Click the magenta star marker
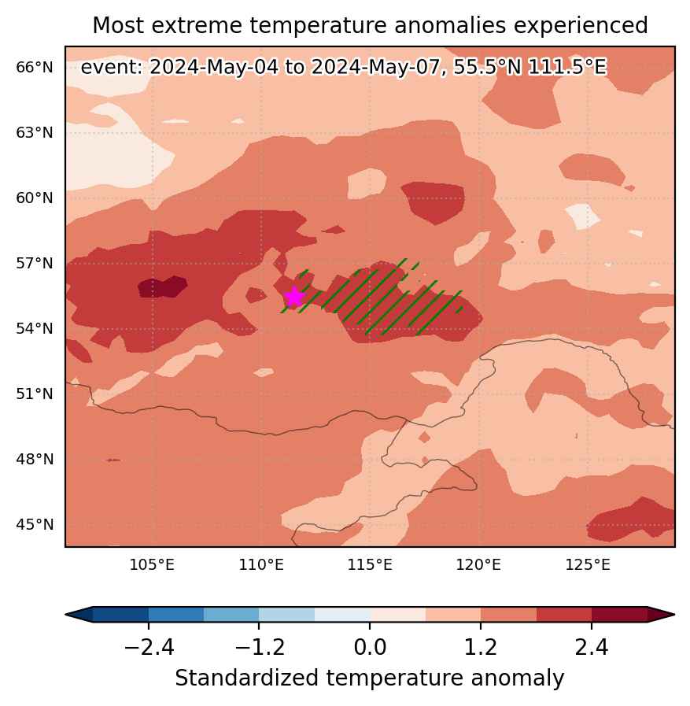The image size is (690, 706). click(x=294, y=297)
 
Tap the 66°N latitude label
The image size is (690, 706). click(x=35, y=68)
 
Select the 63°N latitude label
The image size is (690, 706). click(x=35, y=133)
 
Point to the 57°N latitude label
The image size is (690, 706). click(x=35, y=264)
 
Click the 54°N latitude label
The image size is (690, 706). click(x=35, y=329)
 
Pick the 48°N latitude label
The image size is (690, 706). click(x=35, y=460)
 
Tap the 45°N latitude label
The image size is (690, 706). click(x=35, y=524)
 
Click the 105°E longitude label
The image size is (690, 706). click(x=152, y=564)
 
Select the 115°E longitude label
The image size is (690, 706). click(x=370, y=564)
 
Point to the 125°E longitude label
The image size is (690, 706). click(x=588, y=564)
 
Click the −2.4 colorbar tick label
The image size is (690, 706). click(x=149, y=648)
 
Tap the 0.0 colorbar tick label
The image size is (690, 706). click(x=370, y=648)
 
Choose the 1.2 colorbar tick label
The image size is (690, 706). click(x=481, y=648)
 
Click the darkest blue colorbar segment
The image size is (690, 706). click(x=120, y=615)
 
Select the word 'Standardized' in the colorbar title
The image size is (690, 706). click(x=247, y=678)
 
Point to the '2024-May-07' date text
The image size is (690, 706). click(x=375, y=68)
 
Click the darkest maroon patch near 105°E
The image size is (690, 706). click(x=163, y=286)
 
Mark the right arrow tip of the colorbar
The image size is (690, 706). click(x=674, y=615)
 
